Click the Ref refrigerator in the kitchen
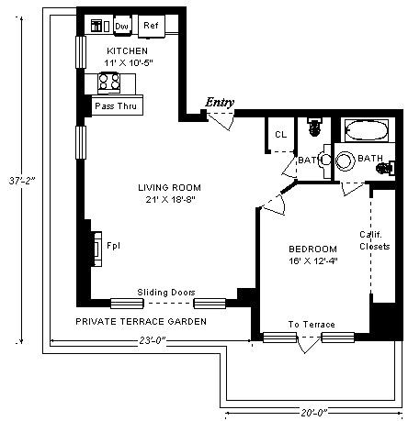pyautogui.click(x=152, y=26)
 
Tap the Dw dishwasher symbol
pyautogui.click(x=122, y=26)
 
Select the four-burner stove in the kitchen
pyautogui.click(x=109, y=83)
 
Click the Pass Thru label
pyautogui.click(x=116, y=106)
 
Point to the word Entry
pyautogui.click(x=220, y=103)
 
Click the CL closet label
pyautogui.click(x=281, y=135)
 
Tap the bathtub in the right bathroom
pyautogui.click(x=367, y=130)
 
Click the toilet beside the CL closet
pyautogui.click(x=313, y=127)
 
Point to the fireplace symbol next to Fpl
pyautogui.click(x=97, y=249)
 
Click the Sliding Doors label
pyautogui.click(x=166, y=293)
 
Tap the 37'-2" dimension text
pyautogui.click(x=22, y=181)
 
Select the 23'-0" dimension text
pyautogui.click(x=153, y=340)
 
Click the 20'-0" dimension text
pyautogui.click(x=313, y=413)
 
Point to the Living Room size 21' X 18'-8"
pyautogui.click(x=170, y=200)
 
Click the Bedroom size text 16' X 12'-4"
pyautogui.click(x=313, y=261)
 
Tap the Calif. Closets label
pyautogui.click(x=374, y=240)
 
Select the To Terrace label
pyautogui.click(x=312, y=325)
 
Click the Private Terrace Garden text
pyautogui.click(x=141, y=322)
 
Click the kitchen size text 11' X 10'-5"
pyautogui.click(x=129, y=63)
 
